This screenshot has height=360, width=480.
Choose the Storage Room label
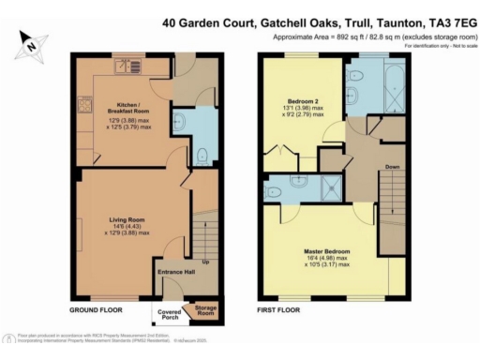[x=203, y=309]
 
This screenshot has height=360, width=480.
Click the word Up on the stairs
[x=205, y=261]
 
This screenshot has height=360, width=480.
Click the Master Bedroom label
[x=325, y=251]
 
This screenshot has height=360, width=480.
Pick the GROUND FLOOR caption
[x=96, y=307]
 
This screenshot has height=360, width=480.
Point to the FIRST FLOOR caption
[x=279, y=307]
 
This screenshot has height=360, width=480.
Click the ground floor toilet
[x=203, y=154]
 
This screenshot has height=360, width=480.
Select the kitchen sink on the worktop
[x=127, y=67]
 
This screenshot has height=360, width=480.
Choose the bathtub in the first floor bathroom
[x=393, y=88]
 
